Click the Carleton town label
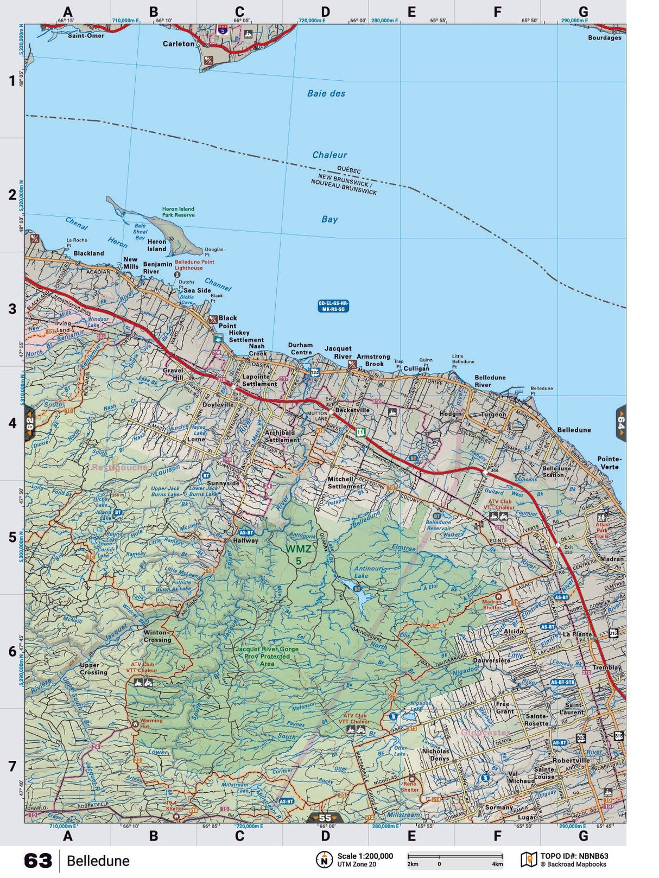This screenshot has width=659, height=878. click(178, 44)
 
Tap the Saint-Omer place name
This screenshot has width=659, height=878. click(86, 36)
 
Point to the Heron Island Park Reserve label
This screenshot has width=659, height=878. click(178, 212)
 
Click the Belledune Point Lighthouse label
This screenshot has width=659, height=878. click(194, 265)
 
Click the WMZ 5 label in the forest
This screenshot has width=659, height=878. click(299, 554)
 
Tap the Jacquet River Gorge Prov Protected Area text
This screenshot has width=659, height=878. click(267, 656)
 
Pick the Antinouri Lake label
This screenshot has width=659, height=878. click(368, 572)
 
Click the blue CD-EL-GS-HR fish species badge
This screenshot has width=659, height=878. click(333, 306)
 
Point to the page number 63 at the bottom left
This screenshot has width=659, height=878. click(38, 861)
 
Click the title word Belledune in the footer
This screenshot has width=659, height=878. click(98, 861)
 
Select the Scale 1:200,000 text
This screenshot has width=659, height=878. click(365, 856)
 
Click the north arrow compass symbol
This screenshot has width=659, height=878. click(324, 860)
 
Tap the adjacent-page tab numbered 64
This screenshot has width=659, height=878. click(620, 423)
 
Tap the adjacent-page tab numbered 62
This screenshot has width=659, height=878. click(30, 423)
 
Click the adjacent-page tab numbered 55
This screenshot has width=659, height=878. click(325, 818)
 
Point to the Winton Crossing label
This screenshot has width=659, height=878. click(157, 636)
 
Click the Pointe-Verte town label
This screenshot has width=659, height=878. click(609, 462)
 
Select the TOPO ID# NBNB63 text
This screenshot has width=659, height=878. click(574, 856)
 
